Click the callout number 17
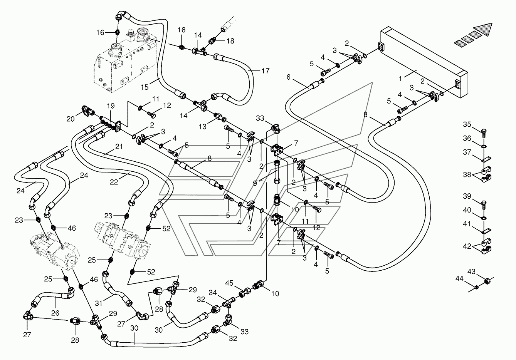tap(266, 71)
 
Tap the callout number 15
tap(145, 87)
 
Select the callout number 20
tap(71, 119)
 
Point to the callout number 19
tap(111, 106)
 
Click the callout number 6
tap(288, 77)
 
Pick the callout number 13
tap(203, 127)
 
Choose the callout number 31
tap(99, 303)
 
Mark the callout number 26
tap(55, 313)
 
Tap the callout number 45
tap(229, 283)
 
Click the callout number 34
tap(213, 293)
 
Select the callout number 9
tap(255, 183)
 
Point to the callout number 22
tap(114, 182)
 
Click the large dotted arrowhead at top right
tap(483, 30)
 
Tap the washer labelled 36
tap(484, 146)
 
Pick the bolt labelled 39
tap(484, 204)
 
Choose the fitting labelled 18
tap(212, 41)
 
